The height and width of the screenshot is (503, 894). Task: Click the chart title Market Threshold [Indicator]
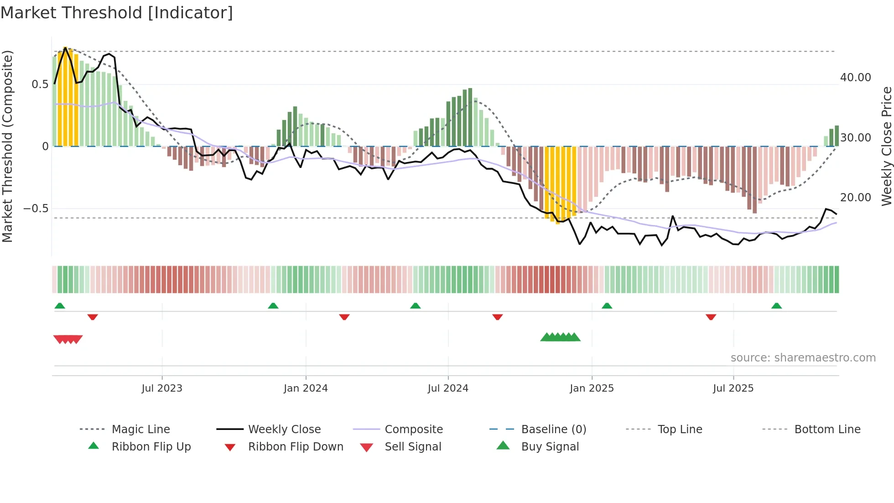point(117,13)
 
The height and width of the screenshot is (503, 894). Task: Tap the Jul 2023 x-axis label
point(162,388)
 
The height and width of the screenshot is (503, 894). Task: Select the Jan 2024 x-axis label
point(306,388)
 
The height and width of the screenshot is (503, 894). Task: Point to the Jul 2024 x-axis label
point(448,388)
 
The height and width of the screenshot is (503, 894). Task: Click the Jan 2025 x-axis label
point(592,388)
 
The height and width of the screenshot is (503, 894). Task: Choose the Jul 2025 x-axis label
point(733,388)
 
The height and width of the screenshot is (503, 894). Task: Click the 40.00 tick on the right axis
point(855,78)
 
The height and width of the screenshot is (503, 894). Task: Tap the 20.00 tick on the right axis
point(855,198)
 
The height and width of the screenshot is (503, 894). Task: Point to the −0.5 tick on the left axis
point(36,209)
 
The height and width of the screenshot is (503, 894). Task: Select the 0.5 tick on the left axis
point(40,84)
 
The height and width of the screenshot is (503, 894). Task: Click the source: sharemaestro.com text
point(803,358)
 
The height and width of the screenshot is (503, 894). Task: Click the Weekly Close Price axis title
point(886,146)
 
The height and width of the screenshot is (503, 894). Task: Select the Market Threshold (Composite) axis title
point(7,146)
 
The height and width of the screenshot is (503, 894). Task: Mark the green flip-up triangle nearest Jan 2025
point(607,306)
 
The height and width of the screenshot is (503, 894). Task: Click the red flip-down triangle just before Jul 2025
point(711,317)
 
